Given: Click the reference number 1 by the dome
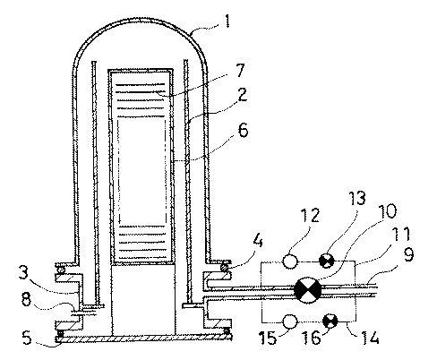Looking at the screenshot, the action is (227, 21).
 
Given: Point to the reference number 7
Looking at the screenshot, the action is (240, 71).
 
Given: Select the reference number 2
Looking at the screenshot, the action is (242, 94).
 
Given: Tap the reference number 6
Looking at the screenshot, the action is (244, 130).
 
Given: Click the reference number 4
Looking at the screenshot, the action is (257, 241).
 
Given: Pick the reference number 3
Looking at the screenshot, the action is (24, 273).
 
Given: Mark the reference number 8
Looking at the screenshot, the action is (26, 299).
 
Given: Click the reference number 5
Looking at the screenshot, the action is (27, 338).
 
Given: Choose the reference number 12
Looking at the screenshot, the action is (310, 215).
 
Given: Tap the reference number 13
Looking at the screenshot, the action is (357, 198).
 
